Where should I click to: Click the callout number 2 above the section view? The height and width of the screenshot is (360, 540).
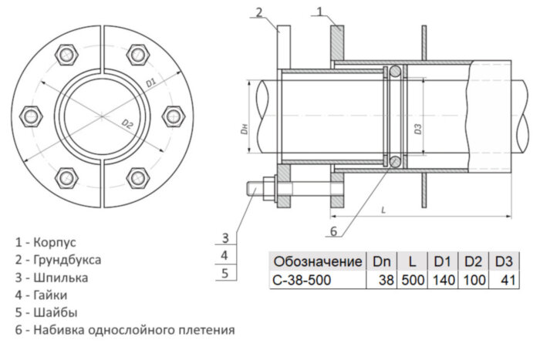pyautogui.click(x=260, y=12)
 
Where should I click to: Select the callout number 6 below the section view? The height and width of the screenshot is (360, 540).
pyautogui.click(x=333, y=230)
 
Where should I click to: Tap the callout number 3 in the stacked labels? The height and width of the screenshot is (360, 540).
pyautogui.click(x=224, y=237)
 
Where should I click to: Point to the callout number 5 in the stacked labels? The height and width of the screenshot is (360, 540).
pyautogui.click(x=224, y=272)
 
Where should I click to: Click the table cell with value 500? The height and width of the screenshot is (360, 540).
pyautogui.click(x=413, y=280)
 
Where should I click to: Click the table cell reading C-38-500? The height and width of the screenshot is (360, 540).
pyautogui.click(x=302, y=280)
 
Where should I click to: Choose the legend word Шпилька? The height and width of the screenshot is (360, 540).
pyautogui.click(x=60, y=278)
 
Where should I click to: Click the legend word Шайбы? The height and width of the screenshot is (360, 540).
pyautogui.click(x=56, y=313)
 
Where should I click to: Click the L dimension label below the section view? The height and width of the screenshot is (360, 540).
pyautogui.click(x=383, y=209)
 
